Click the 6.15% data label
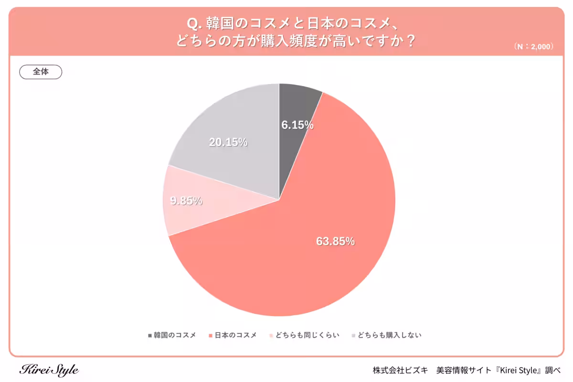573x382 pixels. tap(297, 126)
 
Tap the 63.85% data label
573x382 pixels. tap(335, 242)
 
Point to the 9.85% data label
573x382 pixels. tap(186, 201)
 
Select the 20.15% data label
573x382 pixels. tap(228, 142)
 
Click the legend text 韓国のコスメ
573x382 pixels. tap(175, 335)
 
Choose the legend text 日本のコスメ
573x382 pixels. tap(235, 335)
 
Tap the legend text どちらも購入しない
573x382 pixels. tap(390, 335)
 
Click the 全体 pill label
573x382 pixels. tap(41, 72)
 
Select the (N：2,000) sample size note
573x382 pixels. tap(534, 47)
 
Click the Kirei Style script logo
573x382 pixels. tap(49, 370)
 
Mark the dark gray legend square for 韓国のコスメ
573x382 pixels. tap(150, 335)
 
